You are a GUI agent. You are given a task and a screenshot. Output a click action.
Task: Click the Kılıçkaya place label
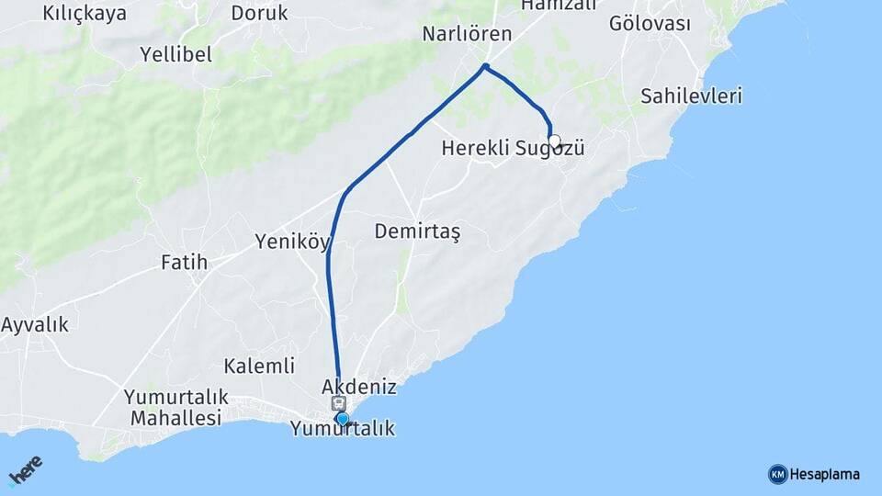tap(85, 13)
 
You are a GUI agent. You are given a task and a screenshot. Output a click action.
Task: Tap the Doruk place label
tap(259, 13)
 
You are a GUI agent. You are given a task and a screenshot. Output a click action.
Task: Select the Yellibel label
tap(176, 54)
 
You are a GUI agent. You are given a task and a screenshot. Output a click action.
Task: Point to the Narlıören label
tap(466, 34)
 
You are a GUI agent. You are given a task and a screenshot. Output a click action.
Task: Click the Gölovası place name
tap(650, 24)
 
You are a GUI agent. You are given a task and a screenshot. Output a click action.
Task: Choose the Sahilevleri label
tap(692, 96)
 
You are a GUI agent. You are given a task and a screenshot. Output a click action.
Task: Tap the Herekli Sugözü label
tap(513, 148)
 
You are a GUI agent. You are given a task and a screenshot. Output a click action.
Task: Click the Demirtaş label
tap(417, 232)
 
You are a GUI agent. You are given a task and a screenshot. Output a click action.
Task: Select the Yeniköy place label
tap(292, 242)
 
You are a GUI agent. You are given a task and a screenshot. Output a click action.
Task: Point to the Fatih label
tap(184, 263)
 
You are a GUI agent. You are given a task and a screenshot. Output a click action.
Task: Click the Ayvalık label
tap(35, 324)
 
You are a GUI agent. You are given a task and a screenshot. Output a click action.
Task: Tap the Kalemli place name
tap(259, 366)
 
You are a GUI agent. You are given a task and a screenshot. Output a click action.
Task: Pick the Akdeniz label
tap(359, 387)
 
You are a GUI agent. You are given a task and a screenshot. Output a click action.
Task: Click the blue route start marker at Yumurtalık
tap(343, 420)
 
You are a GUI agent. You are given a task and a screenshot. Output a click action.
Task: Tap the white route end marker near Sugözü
tap(554, 141)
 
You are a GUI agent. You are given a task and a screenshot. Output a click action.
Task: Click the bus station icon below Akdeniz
tap(338, 403)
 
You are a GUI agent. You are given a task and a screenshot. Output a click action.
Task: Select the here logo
tap(27, 470)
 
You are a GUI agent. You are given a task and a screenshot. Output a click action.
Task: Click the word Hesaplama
tap(825, 474)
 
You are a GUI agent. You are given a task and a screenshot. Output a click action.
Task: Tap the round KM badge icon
tap(777, 474)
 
